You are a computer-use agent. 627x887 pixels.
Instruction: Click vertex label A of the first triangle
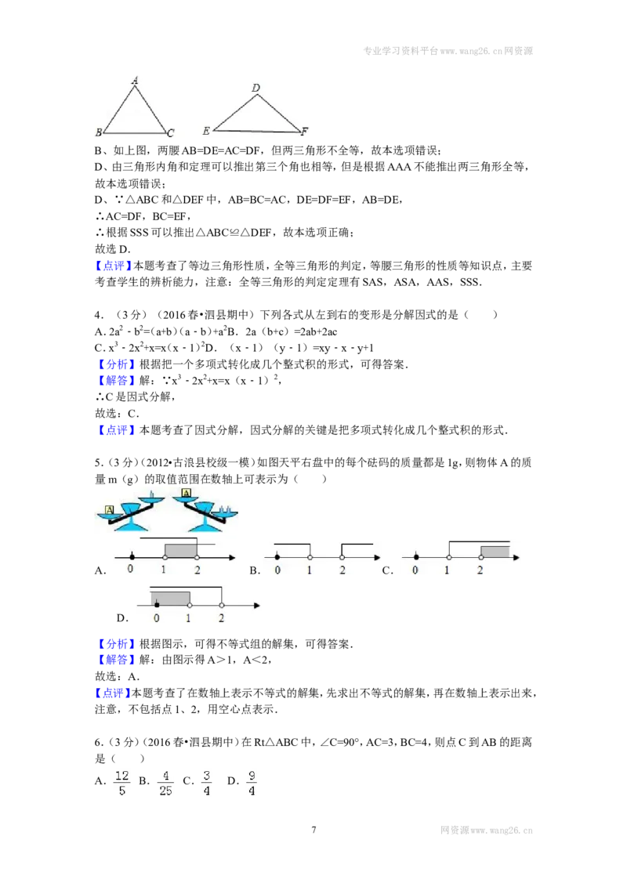pyautogui.click(x=135, y=80)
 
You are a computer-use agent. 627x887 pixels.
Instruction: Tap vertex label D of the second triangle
pyautogui.click(x=256, y=88)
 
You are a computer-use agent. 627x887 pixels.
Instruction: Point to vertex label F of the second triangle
pyautogui.click(x=304, y=131)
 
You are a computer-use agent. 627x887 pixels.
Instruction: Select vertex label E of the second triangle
pyautogui.click(x=206, y=131)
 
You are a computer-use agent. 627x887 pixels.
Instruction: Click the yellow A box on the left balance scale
pyautogui.click(x=110, y=509)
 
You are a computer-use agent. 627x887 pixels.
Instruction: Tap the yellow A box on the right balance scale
pyautogui.click(x=186, y=493)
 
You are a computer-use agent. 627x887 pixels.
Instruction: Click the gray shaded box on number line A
pyautogui.click(x=180, y=550)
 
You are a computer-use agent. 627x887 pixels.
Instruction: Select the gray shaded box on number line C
pyautogui.click(x=495, y=552)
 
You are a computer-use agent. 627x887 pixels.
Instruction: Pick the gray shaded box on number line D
pyautogui.click(x=170, y=598)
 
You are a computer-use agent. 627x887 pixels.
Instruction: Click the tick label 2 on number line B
pyautogui.click(x=342, y=570)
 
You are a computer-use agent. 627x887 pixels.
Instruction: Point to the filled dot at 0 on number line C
pyautogui.click(x=416, y=557)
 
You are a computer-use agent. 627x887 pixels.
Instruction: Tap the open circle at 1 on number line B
pyautogui.click(x=310, y=557)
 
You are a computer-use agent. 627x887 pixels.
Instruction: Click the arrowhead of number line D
pyautogui.click(x=257, y=605)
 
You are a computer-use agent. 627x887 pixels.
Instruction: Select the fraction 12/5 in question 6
pyautogui.click(x=121, y=783)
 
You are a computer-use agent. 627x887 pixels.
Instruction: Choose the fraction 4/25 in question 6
pyautogui.click(x=165, y=783)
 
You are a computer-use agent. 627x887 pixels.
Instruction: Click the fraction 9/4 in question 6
pyautogui.click(x=252, y=783)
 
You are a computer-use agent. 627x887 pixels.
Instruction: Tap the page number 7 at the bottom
pyautogui.click(x=313, y=830)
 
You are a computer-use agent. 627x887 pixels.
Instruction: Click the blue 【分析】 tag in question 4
pyautogui.click(x=117, y=364)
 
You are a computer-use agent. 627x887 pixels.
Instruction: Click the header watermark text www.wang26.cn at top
pyautogui.click(x=471, y=51)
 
